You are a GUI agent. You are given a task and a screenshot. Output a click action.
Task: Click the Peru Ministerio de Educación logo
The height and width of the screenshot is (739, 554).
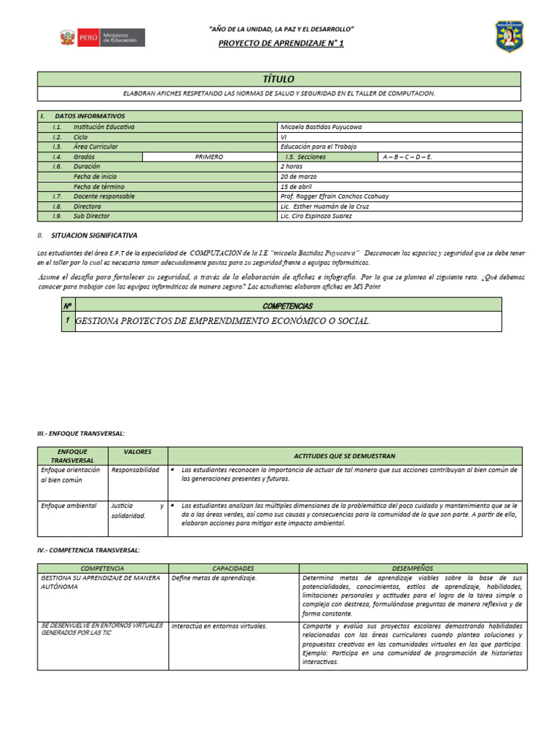click(101, 38)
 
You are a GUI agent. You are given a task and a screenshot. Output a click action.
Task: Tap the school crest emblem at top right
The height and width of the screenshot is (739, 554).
click(509, 36)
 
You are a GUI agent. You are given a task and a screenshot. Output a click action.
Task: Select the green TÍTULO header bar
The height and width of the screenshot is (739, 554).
click(279, 79)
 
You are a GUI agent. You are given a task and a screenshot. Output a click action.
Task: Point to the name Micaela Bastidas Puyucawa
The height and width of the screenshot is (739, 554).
click(321, 127)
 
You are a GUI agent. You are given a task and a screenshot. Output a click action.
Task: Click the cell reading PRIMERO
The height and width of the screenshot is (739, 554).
click(209, 157)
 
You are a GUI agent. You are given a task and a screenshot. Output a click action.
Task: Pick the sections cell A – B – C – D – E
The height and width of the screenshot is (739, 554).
click(408, 157)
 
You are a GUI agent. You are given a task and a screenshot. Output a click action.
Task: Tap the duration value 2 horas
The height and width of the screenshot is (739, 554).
click(294, 166)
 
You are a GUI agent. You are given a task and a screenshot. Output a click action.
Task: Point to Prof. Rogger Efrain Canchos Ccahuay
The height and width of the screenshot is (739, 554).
click(335, 196)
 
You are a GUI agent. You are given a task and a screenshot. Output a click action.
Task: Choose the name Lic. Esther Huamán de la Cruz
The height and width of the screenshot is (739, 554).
click(325, 206)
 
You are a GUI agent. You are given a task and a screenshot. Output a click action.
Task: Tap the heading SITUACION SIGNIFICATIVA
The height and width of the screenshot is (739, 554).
click(94, 235)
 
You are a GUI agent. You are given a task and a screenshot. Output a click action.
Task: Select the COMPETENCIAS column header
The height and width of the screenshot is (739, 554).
click(287, 306)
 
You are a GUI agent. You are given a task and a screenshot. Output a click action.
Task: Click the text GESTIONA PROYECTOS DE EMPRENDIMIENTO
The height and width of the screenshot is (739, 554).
click(223, 321)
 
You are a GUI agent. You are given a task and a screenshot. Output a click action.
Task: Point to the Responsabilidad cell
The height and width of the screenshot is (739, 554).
click(135, 470)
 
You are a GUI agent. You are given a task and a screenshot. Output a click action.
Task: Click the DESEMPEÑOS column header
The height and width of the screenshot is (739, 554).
click(413, 569)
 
